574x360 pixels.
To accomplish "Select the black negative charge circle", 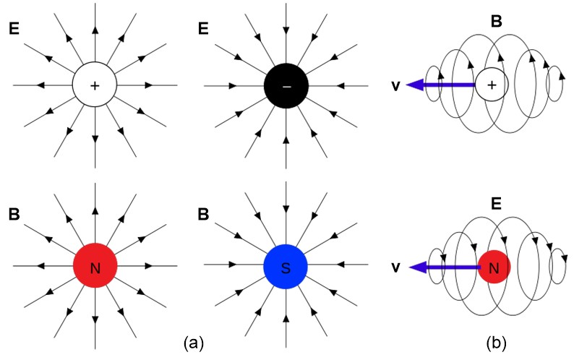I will tap(286, 85).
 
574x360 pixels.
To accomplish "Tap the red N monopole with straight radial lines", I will tap(95, 268).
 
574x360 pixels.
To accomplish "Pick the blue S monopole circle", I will tap(286, 268).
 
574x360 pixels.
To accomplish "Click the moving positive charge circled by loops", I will tap(492, 85).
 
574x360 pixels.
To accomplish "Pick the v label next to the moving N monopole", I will tap(394, 268).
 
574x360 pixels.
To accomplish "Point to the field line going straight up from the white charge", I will tap(95, 36).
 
